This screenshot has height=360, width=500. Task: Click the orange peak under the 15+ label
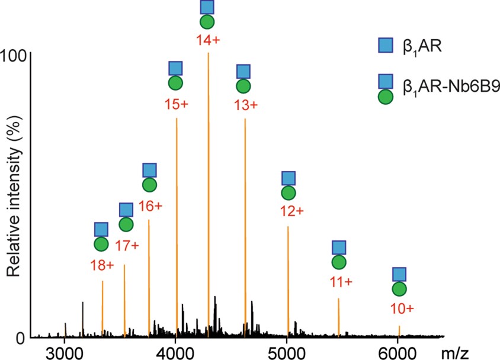[x=177, y=225]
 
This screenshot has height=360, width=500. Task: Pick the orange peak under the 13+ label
[x=245, y=225]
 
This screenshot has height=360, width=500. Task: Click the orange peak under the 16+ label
[x=149, y=278]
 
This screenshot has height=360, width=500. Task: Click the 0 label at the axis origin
[x=20, y=338]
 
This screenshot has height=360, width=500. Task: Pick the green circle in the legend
[x=386, y=97]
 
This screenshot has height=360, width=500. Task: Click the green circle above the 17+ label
[x=126, y=224]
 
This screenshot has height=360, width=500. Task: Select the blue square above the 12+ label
[x=289, y=178]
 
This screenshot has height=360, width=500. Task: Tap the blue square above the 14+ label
[x=207, y=7]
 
